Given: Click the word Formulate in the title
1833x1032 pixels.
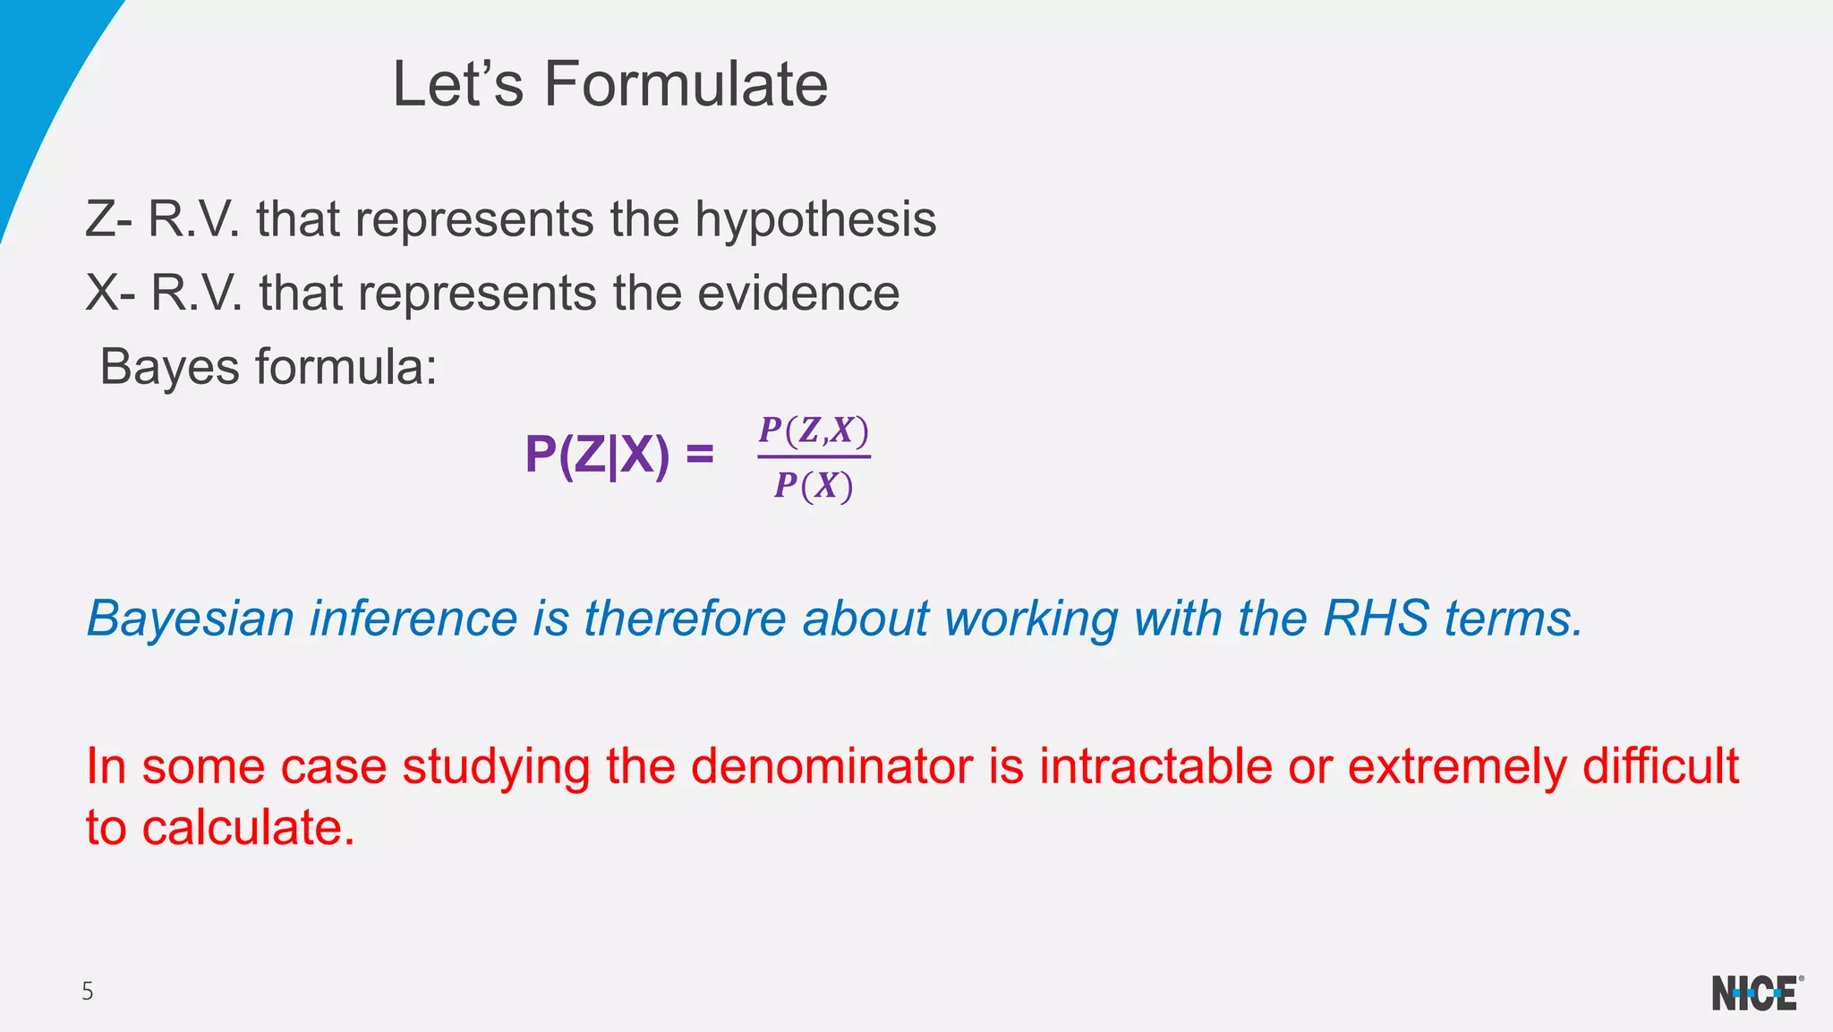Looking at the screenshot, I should [x=686, y=84].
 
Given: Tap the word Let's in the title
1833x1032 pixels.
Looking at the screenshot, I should [x=457, y=84].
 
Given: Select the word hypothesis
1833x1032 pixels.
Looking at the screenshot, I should [x=815, y=220].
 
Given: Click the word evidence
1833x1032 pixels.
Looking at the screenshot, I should [x=798, y=294].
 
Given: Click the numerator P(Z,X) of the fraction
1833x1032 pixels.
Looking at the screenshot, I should [x=814, y=431].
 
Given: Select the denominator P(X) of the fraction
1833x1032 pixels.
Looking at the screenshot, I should [x=814, y=486].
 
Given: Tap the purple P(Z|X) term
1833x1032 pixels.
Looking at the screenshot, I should [x=597, y=456].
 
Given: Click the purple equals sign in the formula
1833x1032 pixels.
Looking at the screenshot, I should [x=699, y=456].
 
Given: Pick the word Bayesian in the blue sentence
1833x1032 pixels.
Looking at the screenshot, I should [x=190, y=618].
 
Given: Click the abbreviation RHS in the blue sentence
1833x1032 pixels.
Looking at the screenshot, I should [x=1376, y=618].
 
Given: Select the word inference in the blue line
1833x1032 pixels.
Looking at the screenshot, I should [x=413, y=618].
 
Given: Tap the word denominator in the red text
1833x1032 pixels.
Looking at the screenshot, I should [x=831, y=767].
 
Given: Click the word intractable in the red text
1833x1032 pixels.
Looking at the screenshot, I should [x=1155, y=767].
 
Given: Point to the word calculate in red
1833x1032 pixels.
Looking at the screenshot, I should [x=248, y=828].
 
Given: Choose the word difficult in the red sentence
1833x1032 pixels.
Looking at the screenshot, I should [x=1659, y=767].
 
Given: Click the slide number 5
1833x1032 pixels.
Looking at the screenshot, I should [x=87, y=992].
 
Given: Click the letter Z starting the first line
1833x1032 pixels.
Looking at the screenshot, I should [x=100, y=220].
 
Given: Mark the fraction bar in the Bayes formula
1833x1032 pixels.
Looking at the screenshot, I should [x=814, y=457].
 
